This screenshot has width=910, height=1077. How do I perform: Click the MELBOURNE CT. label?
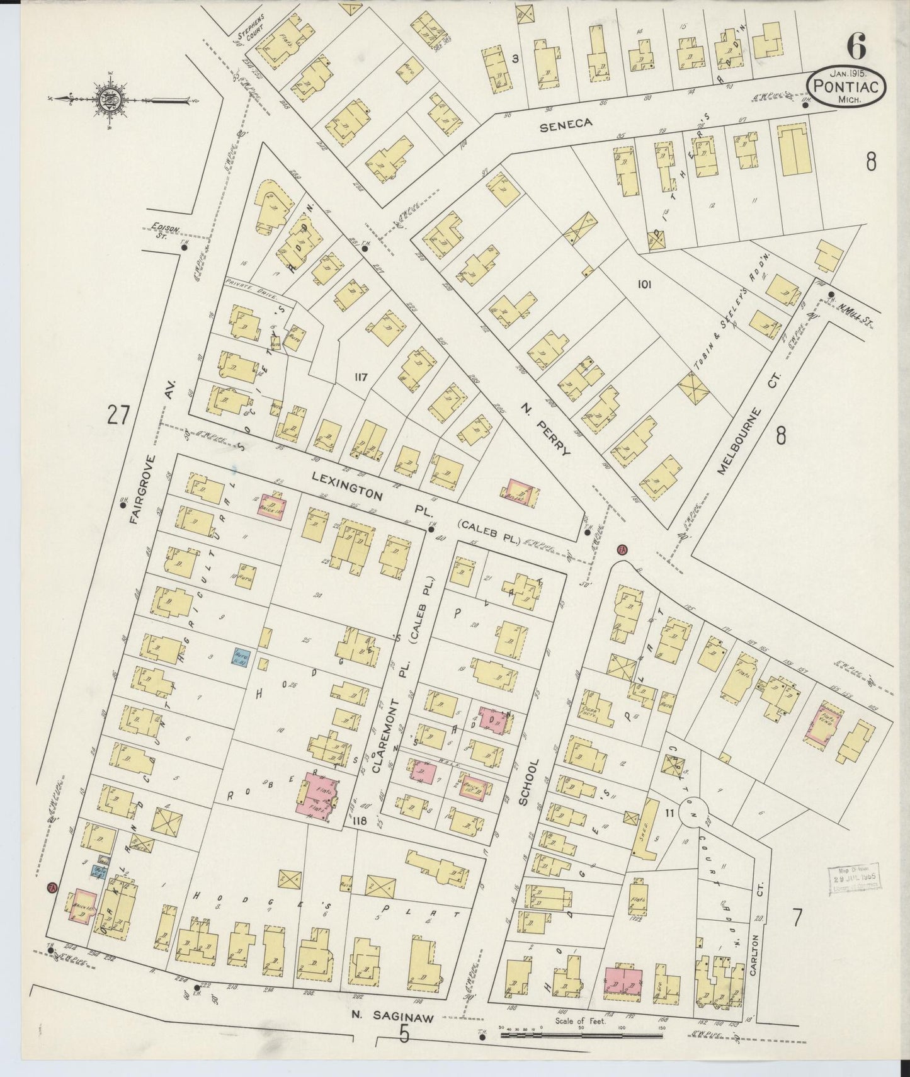tap(748, 424)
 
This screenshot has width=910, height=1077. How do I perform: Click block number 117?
tap(360, 378)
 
